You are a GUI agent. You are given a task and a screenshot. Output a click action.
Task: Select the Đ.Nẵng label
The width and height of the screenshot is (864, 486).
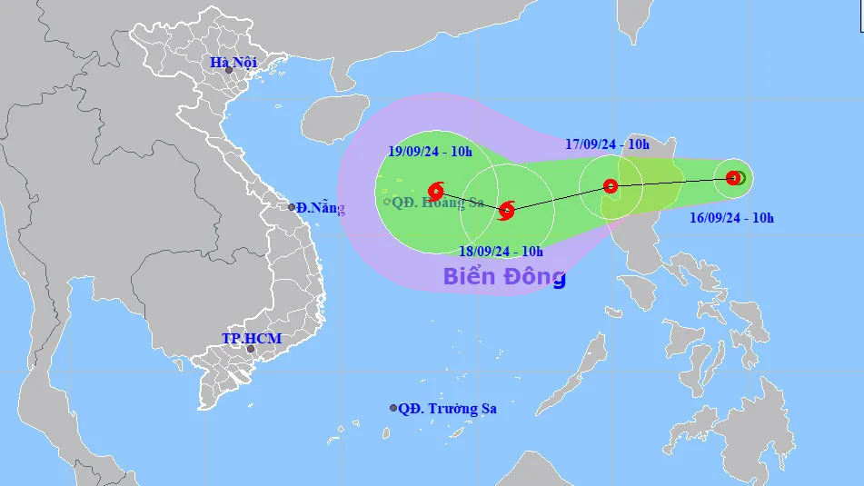click(x=322, y=208)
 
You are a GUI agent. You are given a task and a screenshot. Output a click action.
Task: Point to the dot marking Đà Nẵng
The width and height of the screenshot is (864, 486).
click(x=293, y=207)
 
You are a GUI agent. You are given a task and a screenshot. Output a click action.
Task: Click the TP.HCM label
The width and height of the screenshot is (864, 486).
click(x=252, y=339)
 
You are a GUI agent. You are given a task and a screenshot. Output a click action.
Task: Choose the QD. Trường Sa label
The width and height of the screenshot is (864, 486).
click(x=448, y=409)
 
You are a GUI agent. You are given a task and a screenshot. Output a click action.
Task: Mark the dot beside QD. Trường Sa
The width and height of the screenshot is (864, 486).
click(x=393, y=409)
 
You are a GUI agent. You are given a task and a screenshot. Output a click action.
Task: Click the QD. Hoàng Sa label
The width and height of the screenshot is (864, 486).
click(x=436, y=202)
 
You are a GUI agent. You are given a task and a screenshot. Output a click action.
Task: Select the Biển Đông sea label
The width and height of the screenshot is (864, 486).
click(x=504, y=276)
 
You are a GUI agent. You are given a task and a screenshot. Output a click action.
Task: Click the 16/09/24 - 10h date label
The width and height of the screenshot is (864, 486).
click(x=731, y=217)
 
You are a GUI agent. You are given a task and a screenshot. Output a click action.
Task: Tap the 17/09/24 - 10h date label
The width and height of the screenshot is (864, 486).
click(x=607, y=144)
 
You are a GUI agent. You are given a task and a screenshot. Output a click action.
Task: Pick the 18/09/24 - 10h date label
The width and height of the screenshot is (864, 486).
click(x=501, y=251)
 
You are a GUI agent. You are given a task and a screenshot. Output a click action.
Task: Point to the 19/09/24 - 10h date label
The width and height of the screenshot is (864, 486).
click(x=430, y=152)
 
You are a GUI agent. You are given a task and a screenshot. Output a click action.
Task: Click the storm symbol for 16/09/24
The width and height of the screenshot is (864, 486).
click(x=733, y=178)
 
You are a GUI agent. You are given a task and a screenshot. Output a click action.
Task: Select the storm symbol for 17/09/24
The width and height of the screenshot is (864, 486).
click(x=611, y=186)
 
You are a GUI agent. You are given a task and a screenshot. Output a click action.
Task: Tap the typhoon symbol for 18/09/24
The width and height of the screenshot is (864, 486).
click(x=507, y=211)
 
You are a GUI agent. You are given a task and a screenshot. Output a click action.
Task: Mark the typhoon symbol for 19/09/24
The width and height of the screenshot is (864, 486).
click(x=436, y=191)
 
